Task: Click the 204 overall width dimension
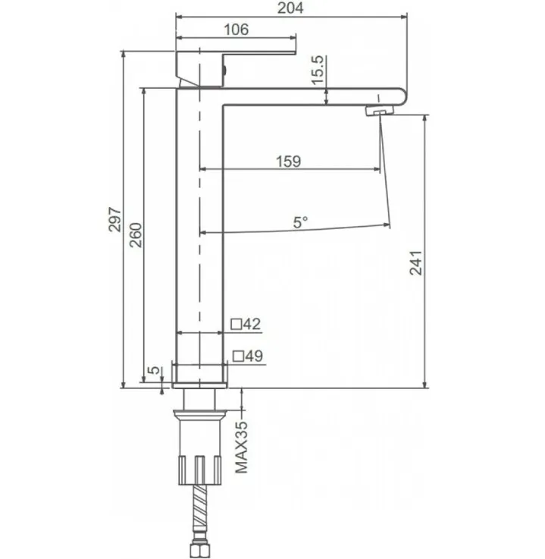(x=290, y=8)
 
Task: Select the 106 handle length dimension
(x=236, y=30)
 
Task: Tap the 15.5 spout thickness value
(x=318, y=71)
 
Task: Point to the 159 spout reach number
(x=289, y=161)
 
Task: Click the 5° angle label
(x=300, y=222)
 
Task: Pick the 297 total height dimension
(x=115, y=220)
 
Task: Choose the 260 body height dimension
(x=136, y=235)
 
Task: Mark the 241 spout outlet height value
(x=415, y=263)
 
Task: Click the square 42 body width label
(x=246, y=324)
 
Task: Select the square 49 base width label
(x=248, y=356)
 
